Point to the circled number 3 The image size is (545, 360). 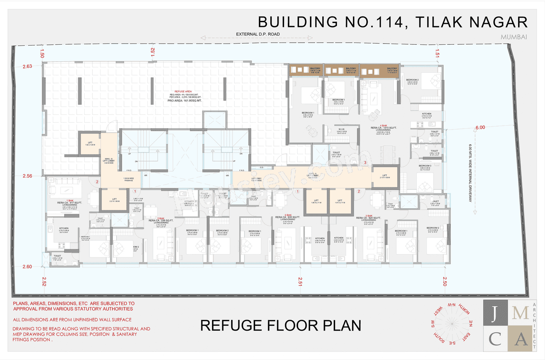point(365,163)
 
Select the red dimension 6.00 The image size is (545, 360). point(480,127)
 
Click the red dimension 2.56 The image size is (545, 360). point(27,176)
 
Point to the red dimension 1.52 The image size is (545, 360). point(152,52)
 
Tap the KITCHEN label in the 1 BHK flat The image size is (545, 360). point(64,228)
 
